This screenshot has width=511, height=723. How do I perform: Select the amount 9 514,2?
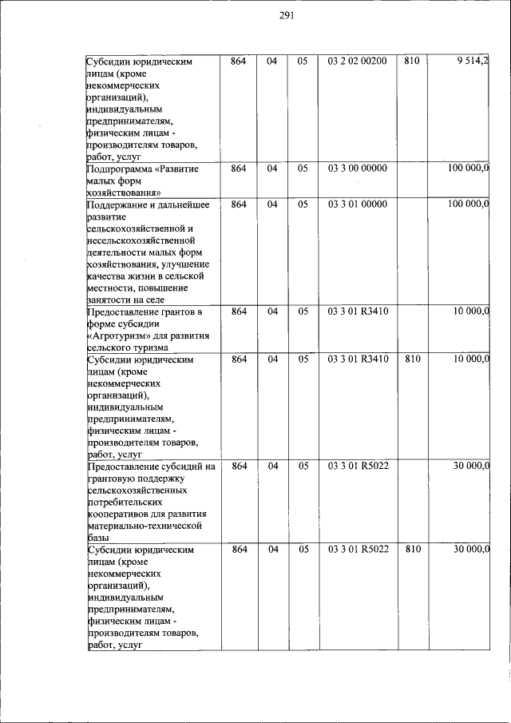point(473,62)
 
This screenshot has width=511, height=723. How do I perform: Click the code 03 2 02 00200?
point(357,62)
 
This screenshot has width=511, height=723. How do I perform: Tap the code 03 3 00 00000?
point(357,169)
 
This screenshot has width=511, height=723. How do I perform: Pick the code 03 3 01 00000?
point(357,205)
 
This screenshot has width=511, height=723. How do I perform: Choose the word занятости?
point(109,300)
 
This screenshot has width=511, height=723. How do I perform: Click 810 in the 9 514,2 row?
point(411,62)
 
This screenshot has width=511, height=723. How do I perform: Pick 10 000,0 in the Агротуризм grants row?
point(470,312)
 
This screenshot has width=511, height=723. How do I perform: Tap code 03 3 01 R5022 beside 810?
point(357,550)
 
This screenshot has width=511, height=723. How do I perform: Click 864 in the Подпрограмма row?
point(239,169)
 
